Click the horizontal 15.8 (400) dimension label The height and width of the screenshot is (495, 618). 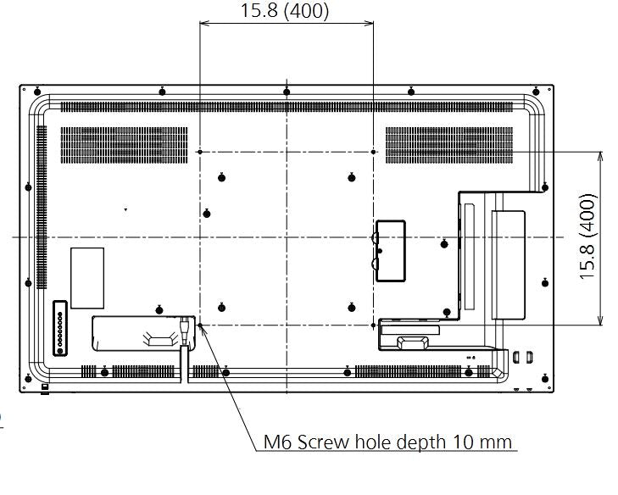(x=286, y=11)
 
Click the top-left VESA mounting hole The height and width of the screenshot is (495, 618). (x=198, y=152)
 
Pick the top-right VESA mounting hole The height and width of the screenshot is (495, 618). (x=374, y=152)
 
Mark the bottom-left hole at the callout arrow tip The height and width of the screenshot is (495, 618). (x=199, y=325)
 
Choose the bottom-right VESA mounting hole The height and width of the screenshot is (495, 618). (x=374, y=325)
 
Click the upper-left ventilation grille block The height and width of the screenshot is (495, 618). (x=124, y=145)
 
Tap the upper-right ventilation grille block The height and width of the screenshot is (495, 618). (x=449, y=145)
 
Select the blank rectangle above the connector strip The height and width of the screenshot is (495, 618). (x=87, y=277)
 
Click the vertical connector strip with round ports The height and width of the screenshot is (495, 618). (x=59, y=328)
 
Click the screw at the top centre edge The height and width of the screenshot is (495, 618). (x=287, y=91)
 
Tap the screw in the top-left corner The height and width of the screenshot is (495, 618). (x=36, y=92)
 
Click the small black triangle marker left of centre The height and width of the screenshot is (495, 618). (x=125, y=209)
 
